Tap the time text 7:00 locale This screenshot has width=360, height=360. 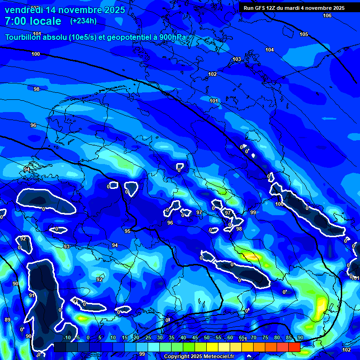tap(33, 21)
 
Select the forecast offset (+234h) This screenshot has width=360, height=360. tap(83, 21)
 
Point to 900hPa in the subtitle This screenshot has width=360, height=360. tap(173, 37)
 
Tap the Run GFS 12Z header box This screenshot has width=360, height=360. tap(294, 7)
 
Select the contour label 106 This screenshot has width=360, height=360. tap(327, 15)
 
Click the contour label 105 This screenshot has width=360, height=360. tap(304, 34)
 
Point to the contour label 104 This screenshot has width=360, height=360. tap(270, 50)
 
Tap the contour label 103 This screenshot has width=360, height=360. tap(237, 59)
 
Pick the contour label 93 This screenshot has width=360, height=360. tap(67, 247)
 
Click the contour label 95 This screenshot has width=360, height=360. tap(127, 231)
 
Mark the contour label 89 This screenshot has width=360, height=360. tap(7, 320)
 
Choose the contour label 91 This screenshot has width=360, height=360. tap(32, 295)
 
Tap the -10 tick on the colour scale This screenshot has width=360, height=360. tap(67, 338)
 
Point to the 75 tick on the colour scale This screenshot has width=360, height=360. tap(265, 338)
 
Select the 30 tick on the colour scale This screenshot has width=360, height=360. tap(160, 338)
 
